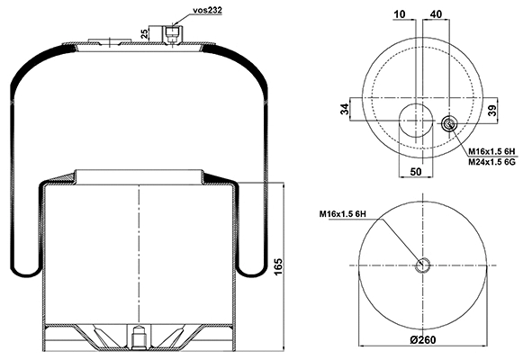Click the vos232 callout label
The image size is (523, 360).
(x=208, y=10)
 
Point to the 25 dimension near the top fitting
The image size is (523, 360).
(x=144, y=33)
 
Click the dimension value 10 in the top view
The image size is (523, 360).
(x=400, y=13)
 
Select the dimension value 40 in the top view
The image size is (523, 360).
(x=436, y=13)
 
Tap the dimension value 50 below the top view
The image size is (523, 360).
(x=416, y=170)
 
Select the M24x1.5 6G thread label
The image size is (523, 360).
(x=490, y=162)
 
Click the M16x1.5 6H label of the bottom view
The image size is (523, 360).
(x=347, y=213)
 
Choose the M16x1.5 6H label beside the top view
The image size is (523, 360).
(x=491, y=150)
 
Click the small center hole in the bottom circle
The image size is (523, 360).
(x=425, y=264)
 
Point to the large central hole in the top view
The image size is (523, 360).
(x=416, y=119)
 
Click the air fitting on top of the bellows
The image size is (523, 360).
(x=171, y=33)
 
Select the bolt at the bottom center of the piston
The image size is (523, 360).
(x=139, y=339)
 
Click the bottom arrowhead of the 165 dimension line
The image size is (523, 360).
(x=284, y=346)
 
